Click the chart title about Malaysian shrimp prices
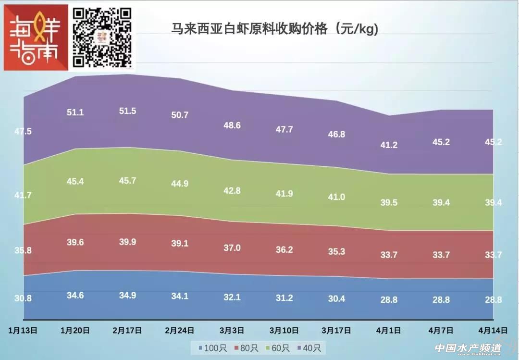275,29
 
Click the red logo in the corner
36,37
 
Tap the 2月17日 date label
127,330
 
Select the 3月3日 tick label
232,330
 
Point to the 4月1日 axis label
388,330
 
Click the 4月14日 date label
493,330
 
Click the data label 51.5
127,111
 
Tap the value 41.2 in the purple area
389,145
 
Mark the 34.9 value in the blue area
127,295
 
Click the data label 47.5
23,131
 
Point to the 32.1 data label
232,298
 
